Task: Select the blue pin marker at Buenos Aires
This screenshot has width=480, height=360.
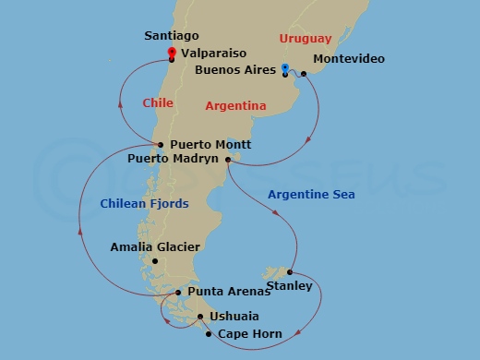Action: (x=285, y=67)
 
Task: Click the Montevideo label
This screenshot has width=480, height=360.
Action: (x=349, y=60)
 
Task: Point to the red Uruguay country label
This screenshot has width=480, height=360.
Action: (x=305, y=39)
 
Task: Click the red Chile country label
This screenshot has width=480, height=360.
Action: (x=158, y=102)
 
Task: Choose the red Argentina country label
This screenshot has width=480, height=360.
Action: (x=235, y=106)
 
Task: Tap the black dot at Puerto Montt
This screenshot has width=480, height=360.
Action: (x=161, y=145)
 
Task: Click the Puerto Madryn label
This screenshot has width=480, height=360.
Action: (x=174, y=159)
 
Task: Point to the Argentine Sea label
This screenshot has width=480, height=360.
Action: (x=310, y=195)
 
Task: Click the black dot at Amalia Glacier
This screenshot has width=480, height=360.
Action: (x=155, y=261)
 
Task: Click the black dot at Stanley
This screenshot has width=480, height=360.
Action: (x=290, y=272)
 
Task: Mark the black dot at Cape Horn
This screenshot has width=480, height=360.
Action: (x=209, y=334)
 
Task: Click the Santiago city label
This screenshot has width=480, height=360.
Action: (x=173, y=35)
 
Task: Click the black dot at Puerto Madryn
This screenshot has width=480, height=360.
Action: (x=226, y=159)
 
